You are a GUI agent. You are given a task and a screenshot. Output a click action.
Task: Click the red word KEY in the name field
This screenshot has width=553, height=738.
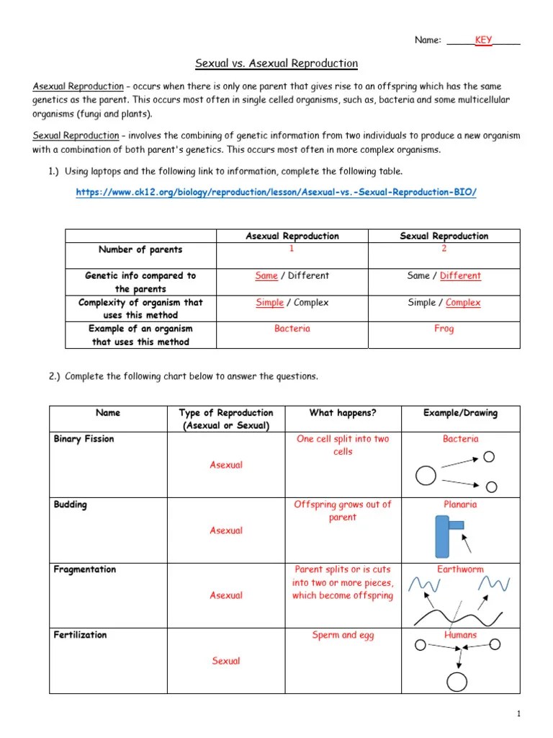tap(483, 40)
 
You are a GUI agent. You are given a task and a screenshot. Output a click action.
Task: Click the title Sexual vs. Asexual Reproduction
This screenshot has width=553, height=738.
tap(276, 63)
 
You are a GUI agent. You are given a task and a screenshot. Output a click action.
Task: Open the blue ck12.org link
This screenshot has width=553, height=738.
tap(276, 192)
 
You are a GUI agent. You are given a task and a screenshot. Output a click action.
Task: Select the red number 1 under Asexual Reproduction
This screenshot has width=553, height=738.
tap(292, 249)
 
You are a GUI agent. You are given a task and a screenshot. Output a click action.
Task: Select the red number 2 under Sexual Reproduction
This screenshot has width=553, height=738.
tap(444, 249)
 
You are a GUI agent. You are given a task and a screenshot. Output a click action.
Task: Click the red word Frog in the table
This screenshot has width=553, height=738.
tap(444, 329)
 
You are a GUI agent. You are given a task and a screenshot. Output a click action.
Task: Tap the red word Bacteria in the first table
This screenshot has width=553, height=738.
tap(292, 329)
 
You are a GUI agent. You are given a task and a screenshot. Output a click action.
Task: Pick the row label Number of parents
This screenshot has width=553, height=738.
tap(140, 250)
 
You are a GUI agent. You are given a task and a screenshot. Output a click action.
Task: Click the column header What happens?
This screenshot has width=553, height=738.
tap(343, 413)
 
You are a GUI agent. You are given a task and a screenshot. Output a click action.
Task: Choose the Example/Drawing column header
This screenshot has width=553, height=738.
tap(460, 413)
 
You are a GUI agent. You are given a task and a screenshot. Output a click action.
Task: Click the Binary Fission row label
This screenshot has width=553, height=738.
tap(84, 439)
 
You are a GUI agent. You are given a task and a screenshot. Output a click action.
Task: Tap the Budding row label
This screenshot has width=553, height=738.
tap(71, 505)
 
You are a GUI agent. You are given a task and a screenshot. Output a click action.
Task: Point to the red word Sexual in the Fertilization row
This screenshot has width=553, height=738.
tap(226, 661)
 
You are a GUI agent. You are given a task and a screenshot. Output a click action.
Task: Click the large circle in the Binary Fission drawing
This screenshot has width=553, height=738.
tap(426, 475)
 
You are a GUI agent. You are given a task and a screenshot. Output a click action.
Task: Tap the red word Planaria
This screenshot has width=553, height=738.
tap(460, 504)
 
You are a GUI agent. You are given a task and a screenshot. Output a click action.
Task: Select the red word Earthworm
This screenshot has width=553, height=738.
tap(460, 569)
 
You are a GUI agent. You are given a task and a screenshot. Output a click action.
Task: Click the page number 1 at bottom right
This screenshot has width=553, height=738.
tap(518, 713)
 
